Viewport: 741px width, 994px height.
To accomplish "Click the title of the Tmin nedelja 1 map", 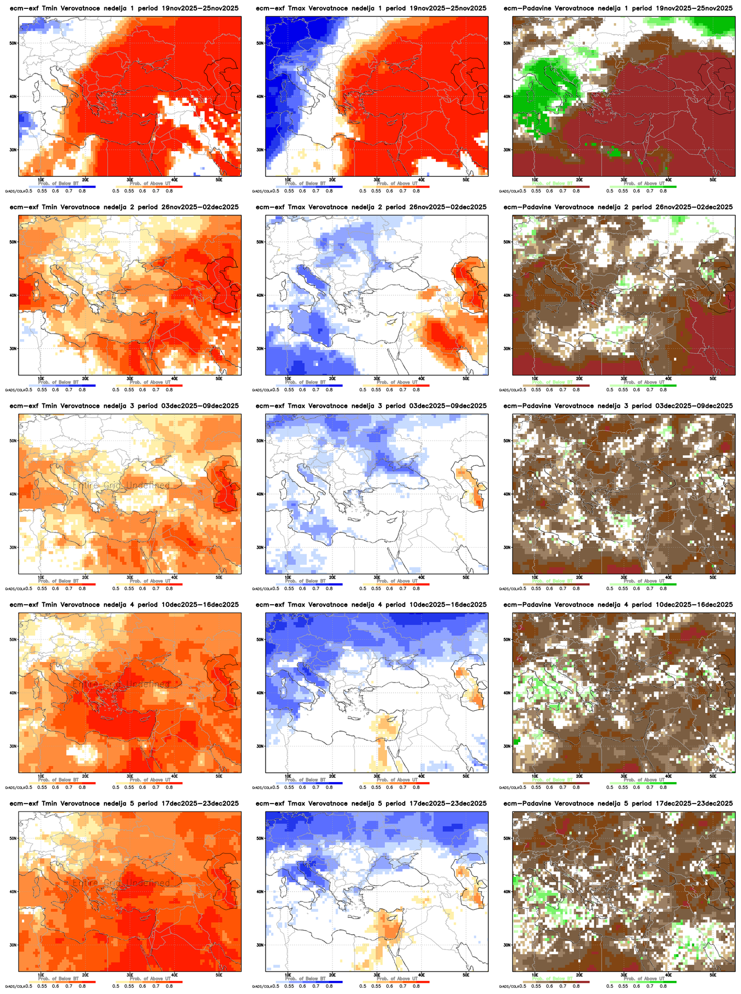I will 124,8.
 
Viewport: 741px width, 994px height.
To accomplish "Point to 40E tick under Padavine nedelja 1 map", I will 668,180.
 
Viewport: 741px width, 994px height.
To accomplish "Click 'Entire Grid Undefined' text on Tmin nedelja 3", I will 121,486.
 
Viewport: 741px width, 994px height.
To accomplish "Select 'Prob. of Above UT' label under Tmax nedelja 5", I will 397,978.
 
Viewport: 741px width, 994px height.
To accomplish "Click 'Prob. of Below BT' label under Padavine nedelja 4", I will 552,780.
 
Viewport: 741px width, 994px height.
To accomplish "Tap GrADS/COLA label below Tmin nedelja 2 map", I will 14,390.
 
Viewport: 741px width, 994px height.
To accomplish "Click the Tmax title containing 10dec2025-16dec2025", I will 371,605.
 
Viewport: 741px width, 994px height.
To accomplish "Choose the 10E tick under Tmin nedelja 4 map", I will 41,776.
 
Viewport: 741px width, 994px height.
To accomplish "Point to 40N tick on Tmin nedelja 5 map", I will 13,892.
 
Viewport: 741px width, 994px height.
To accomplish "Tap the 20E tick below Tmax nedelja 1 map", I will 332,180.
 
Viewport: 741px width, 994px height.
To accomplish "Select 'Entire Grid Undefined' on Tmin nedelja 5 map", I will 121,883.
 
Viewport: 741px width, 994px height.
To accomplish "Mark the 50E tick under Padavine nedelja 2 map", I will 713,379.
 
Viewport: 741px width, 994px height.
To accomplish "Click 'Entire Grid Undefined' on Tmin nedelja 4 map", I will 121,685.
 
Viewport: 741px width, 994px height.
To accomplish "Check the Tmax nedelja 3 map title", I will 371,406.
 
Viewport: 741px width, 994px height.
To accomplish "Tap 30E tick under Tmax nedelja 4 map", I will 377,776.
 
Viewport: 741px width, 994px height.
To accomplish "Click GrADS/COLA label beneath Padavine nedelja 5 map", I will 508,987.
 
